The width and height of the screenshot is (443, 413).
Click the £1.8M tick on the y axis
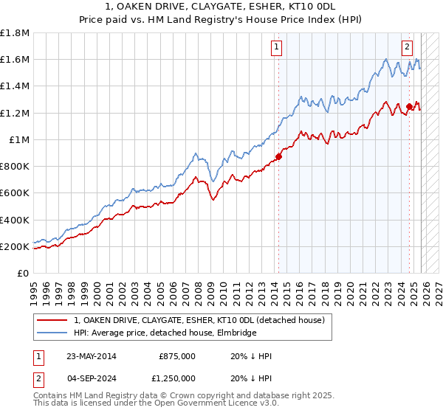[15, 33]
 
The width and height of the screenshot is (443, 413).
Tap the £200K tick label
[15, 246]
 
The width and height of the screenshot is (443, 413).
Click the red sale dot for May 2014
[278, 156]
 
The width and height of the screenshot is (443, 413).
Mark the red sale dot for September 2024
[408, 106]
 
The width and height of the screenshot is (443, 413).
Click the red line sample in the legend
[52, 320]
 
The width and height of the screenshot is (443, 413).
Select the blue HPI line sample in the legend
[52, 333]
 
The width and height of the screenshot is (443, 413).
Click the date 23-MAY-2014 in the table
[91, 356]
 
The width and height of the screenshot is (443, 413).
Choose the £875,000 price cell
[177, 356]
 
